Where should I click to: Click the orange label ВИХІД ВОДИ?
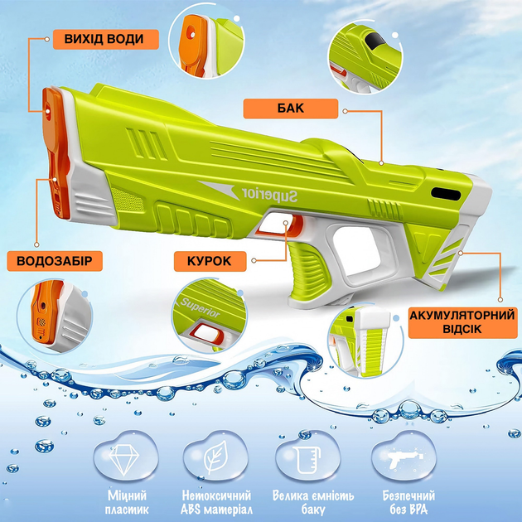click(106, 39)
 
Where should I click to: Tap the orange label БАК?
click(291, 109)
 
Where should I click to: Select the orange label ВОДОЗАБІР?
click(55, 261)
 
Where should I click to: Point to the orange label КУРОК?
click(210, 261)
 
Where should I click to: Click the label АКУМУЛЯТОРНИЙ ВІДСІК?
click(462, 322)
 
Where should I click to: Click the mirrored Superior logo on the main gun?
click(269, 195)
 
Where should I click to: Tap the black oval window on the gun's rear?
click(446, 194)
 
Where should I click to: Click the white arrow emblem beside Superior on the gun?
click(218, 189)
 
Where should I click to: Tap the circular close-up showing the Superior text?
click(210, 316)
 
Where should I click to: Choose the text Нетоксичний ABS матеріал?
click(216, 502)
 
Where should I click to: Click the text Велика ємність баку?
click(313, 502)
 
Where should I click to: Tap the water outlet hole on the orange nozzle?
click(47, 112)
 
